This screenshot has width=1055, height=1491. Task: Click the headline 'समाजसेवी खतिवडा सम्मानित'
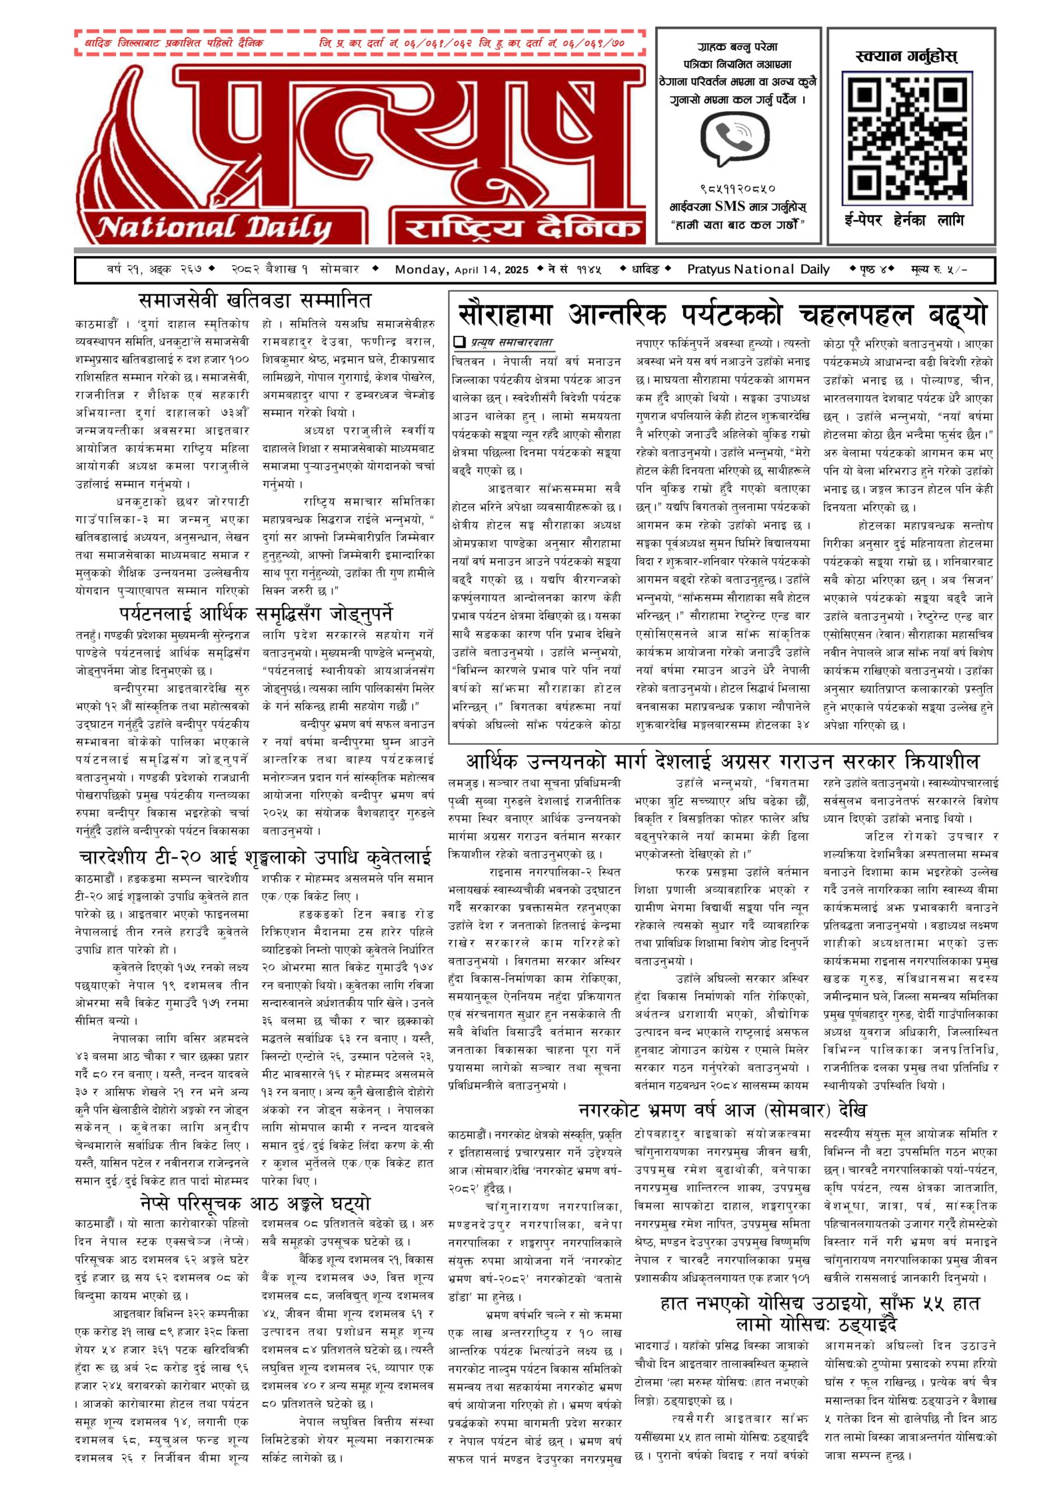click(x=255, y=301)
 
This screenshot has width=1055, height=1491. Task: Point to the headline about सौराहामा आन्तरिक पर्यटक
click(x=722, y=315)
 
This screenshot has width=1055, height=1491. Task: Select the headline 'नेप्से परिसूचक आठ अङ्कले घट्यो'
click(x=255, y=1202)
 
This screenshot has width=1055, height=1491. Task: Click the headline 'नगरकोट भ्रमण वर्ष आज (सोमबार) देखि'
click(x=722, y=1110)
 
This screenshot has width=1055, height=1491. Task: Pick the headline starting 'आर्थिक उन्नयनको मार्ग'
click(x=722, y=761)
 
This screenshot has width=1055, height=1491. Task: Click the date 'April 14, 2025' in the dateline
click(x=492, y=270)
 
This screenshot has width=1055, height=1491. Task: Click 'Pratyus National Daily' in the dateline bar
click(x=758, y=270)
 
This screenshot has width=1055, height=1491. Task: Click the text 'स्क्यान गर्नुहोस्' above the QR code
click(x=907, y=56)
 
